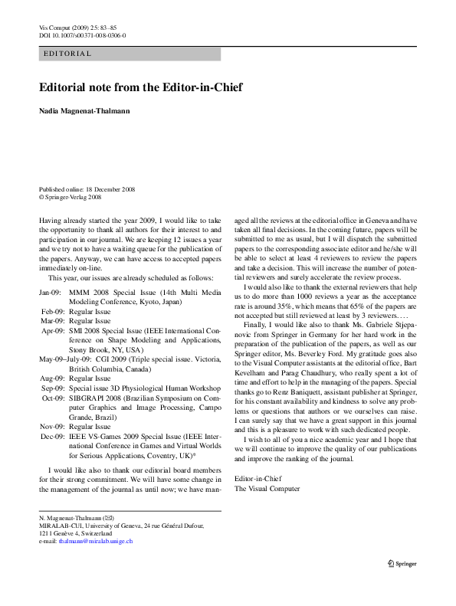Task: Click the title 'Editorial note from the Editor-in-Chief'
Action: pos(140,87)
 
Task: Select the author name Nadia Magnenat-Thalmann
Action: pos(84,111)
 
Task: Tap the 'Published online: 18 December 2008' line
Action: pos(87,188)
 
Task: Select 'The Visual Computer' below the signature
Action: pos(267,488)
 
